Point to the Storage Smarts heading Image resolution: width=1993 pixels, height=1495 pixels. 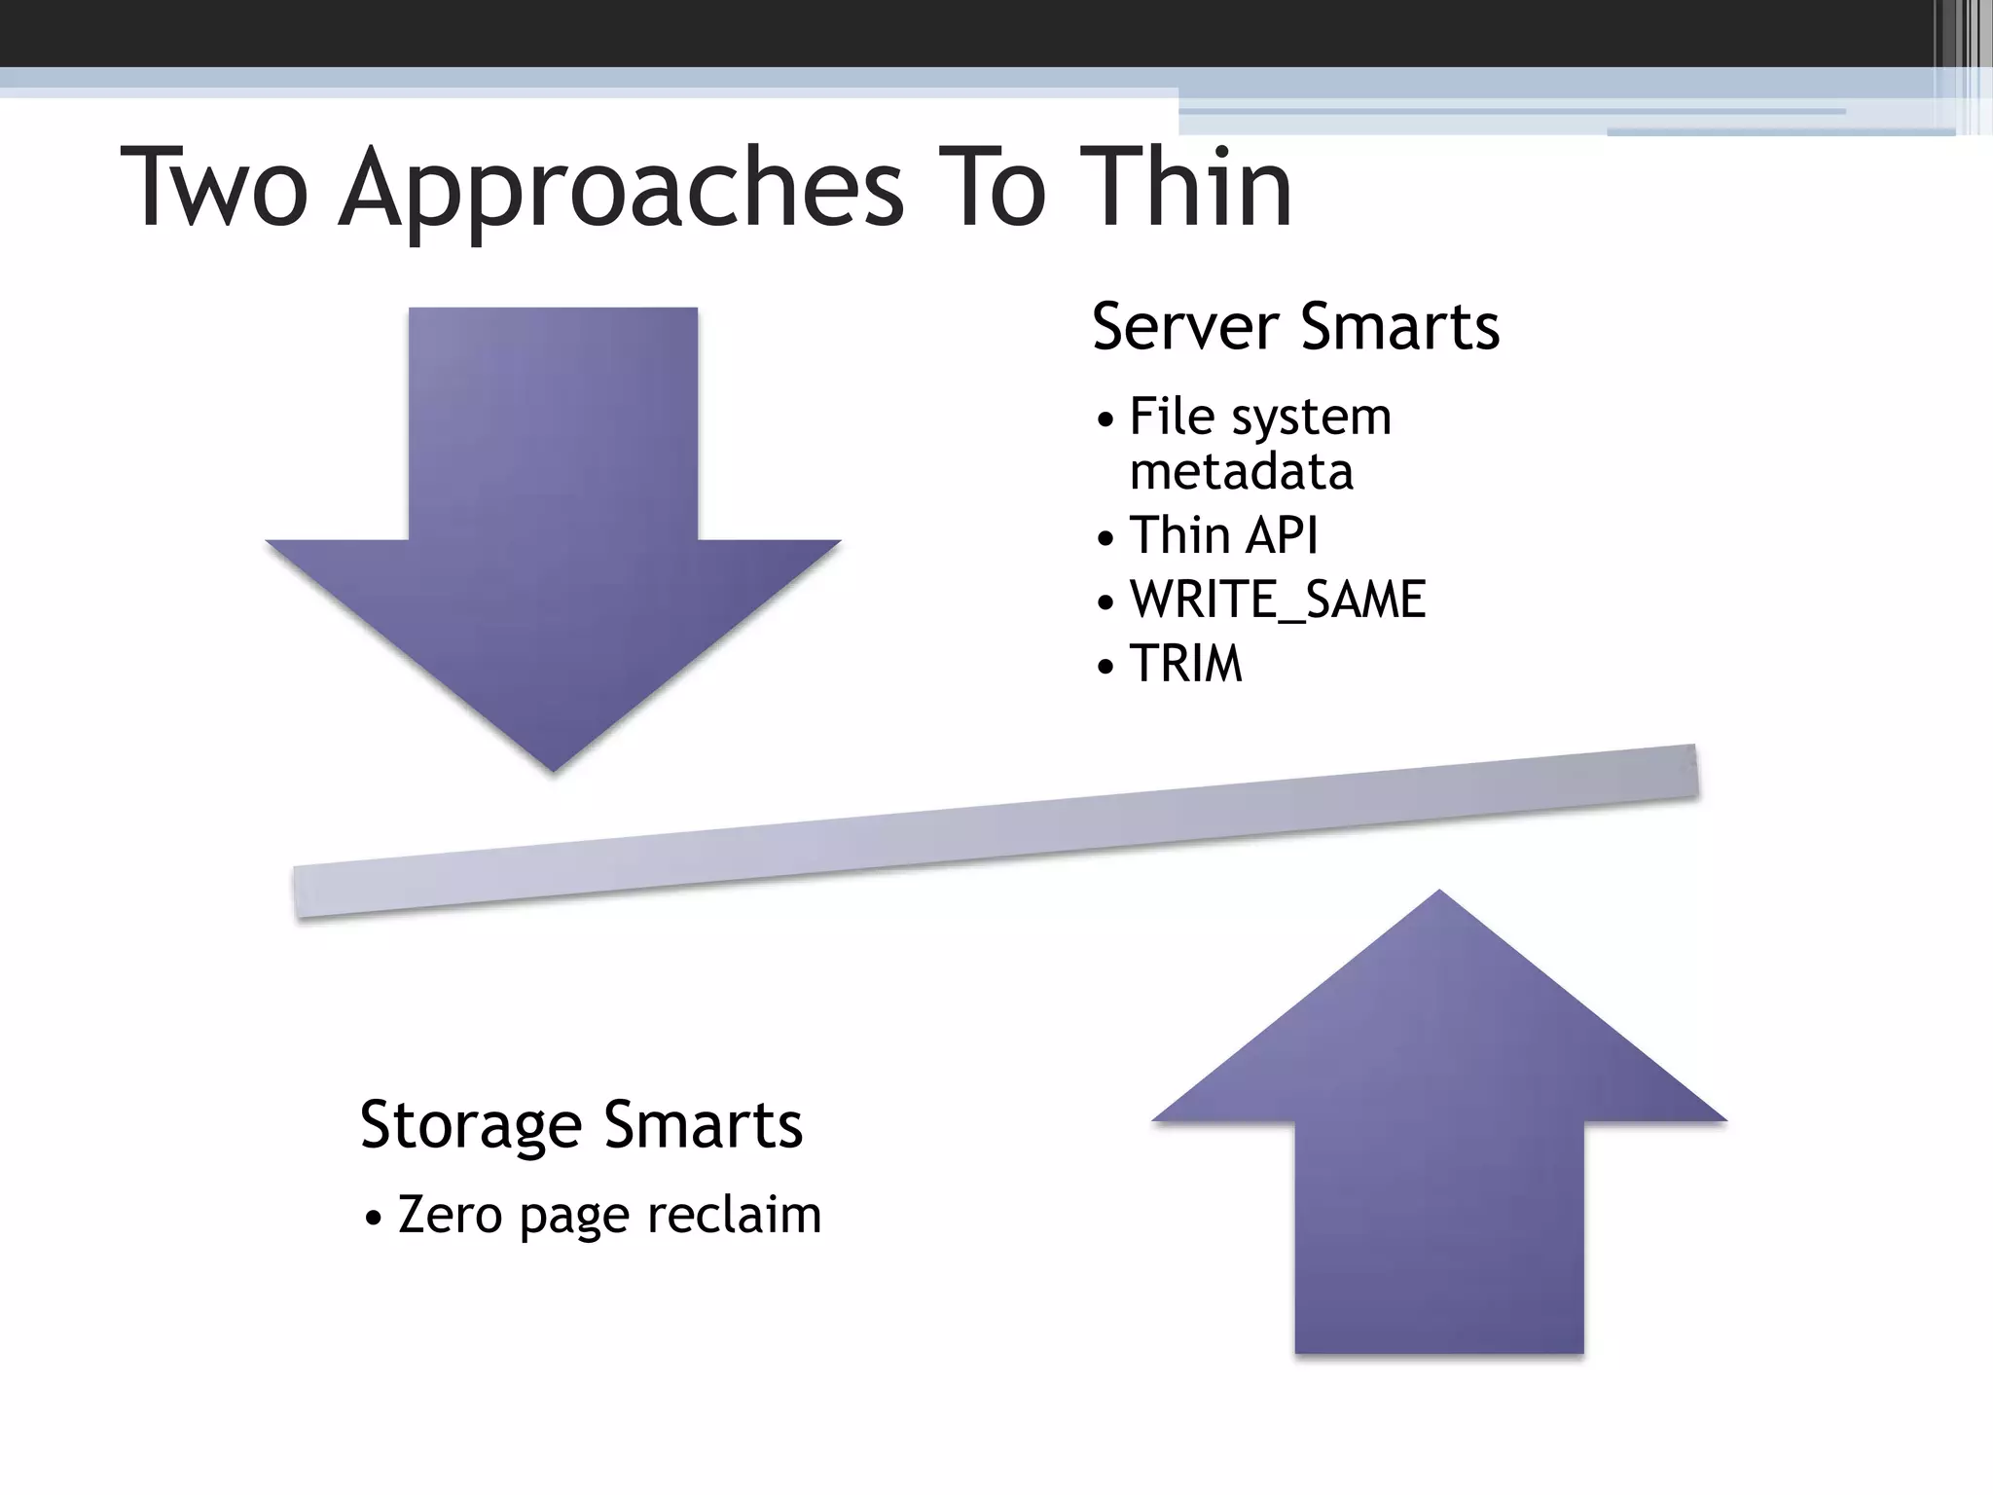(581, 1124)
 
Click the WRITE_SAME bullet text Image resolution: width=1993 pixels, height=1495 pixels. (1277, 599)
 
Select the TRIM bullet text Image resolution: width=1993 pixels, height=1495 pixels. (1185, 664)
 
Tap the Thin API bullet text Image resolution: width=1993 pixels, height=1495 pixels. (1223, 535)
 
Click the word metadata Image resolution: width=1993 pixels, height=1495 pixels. (1241, 472)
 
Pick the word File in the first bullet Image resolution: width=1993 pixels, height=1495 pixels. (1172, 417)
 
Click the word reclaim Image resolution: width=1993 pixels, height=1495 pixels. (734, 1215)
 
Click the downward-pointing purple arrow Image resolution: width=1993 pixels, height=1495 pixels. (553, 545)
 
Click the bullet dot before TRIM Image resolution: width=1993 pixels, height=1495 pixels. (1105, 668)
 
